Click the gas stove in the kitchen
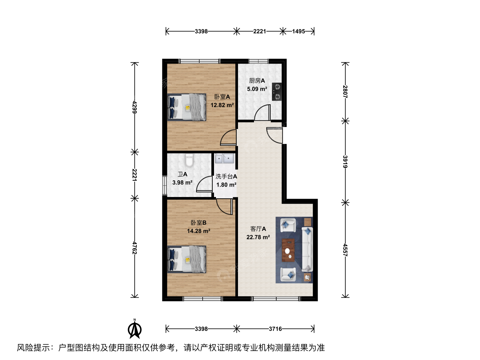tap(277, 92)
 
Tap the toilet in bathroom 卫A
tap(189, 160)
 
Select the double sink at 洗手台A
tap(224, 158)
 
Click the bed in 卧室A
tap(187, 107)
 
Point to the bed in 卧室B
tap(187, 259)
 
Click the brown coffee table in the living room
tap(288, 250)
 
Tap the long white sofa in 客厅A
tap(307, 249)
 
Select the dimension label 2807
tap(345, 92)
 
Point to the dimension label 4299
tap(134, 107)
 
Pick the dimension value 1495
tap(298, 31)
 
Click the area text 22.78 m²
tap(258, 237)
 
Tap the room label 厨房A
tap(257, 81)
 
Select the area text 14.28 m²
tap(199, 231)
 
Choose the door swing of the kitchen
tap(262, 112)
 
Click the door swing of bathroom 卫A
tap(204, 184)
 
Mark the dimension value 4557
tap(345, 250)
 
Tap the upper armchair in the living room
tap(288, 225)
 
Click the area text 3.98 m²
tap(182, 183)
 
